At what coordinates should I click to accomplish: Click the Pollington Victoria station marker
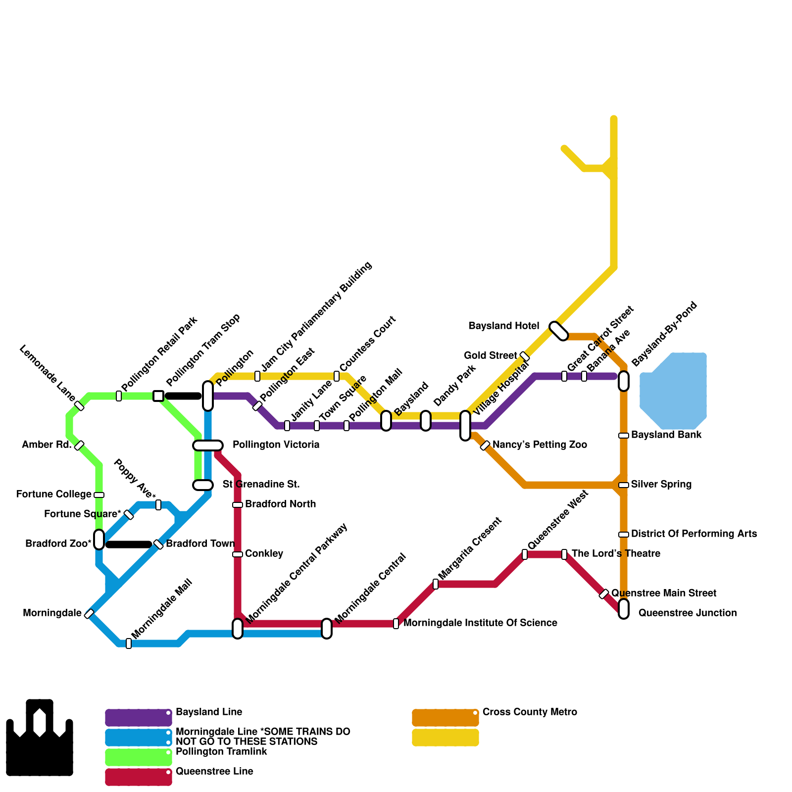(x=208, y=445)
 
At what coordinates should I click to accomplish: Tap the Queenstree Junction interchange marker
(x=624, y=609)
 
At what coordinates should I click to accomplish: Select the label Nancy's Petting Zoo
(x=540, y=445)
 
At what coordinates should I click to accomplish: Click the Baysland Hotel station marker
(x=559, y=331)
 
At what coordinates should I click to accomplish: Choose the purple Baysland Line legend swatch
(x=139, y=718)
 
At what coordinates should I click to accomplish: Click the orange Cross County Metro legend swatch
(x=445, y=718)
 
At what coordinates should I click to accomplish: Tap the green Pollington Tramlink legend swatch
(x=139, y=757)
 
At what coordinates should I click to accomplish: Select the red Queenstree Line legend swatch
(x=139, y=777)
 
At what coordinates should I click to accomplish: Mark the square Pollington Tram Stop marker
(x=158, y=396)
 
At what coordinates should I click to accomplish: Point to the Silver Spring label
(x=661, y=485)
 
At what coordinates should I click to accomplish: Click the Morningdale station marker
(x=89, y=614)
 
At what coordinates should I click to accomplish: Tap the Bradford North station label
(x=280, y=504)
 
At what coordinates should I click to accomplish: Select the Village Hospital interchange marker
(x=465, y=426)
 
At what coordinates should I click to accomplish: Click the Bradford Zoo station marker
(x=99, y=540)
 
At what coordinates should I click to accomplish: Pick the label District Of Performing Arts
(x=694, y=534)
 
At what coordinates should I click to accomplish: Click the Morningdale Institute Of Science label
(x=480, y=623)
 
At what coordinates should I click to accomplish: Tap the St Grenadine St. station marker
(x=203, y=485)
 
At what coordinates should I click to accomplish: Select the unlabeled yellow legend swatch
(x=445, y=738)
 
